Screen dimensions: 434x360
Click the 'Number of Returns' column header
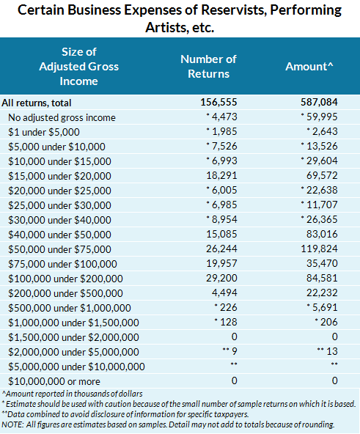[209, 66]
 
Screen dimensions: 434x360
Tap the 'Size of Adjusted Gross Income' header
[80, 66]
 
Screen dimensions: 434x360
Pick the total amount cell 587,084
[319, 103]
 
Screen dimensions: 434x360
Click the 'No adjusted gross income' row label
[62, 117]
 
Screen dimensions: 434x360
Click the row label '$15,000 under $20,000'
[59, 176]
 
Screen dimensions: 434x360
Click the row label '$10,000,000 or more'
[55, 381]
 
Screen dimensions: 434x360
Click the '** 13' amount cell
[326, 352]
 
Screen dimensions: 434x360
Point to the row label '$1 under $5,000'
[44, 132]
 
